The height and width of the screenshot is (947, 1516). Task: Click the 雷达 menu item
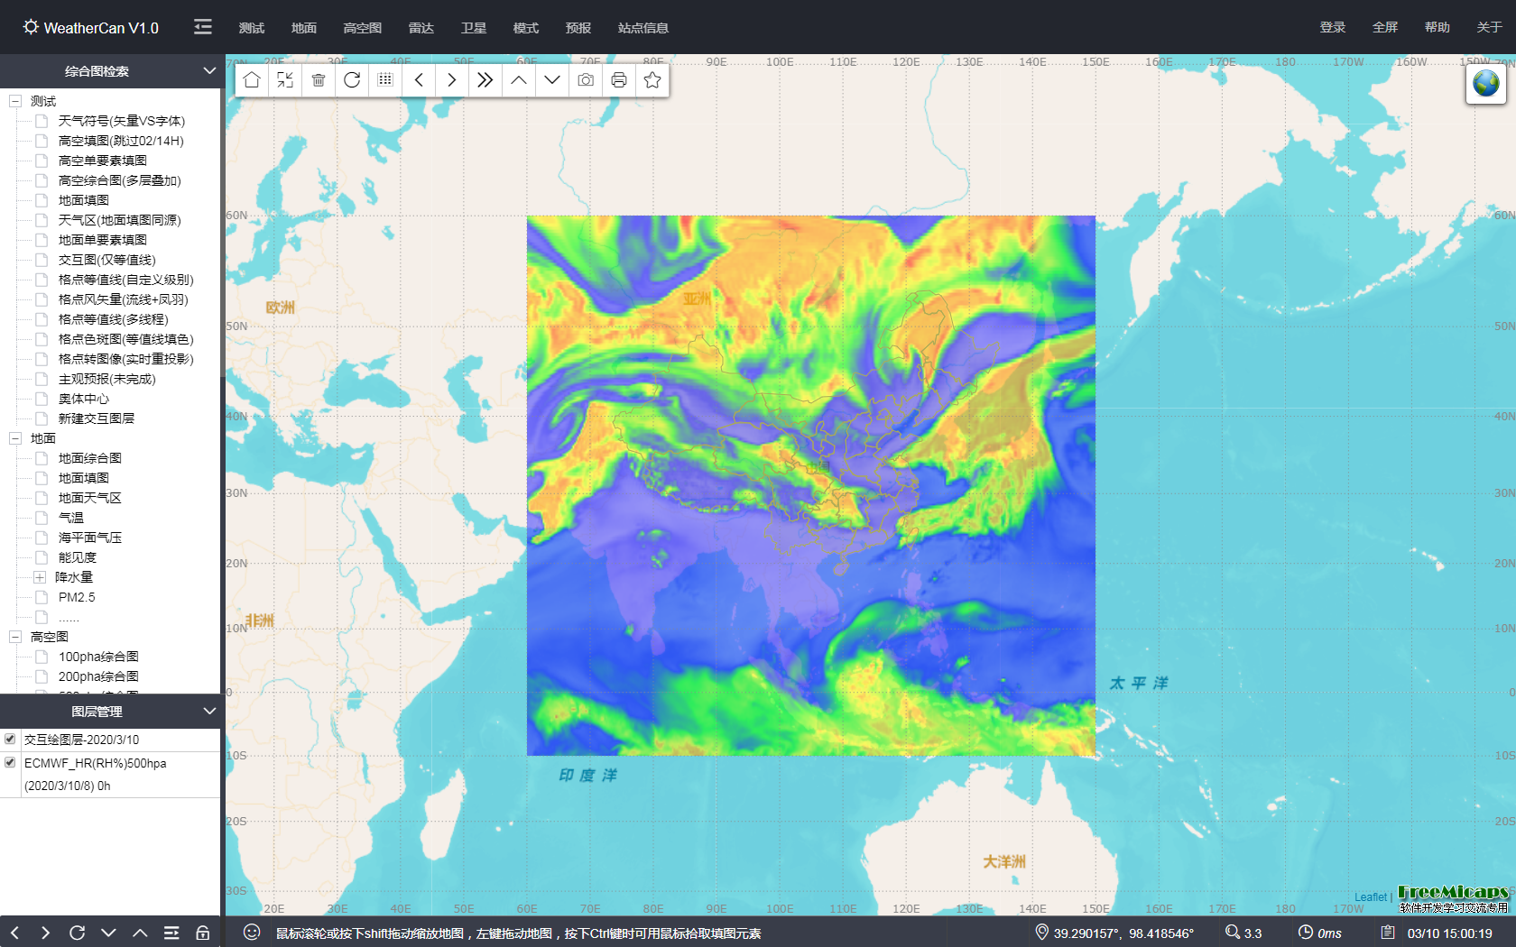(421, 28)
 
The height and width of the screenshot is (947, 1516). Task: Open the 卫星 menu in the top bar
(473, 28)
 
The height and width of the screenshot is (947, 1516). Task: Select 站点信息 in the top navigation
(642, 28)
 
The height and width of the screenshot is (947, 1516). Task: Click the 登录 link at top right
(1332, 27)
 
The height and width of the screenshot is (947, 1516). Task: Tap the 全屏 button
(1384, 27)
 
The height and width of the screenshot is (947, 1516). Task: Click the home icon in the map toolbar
(252, 80)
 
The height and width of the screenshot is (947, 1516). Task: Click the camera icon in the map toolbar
(586, 80)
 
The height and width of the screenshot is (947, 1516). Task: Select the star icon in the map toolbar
(652, 80)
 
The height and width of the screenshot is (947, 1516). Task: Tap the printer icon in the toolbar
(619, 80)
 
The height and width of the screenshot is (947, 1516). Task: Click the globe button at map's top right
(1485, 84)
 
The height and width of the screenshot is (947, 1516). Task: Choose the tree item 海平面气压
(89, 538)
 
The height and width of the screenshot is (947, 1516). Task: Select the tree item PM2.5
(77, 597)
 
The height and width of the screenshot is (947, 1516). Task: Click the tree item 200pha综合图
(98, 676)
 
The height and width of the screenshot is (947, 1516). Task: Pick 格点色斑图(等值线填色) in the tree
(125, 339)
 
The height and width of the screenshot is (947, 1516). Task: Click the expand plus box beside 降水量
(40, 577)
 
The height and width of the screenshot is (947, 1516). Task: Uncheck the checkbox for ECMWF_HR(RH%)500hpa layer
(10, 762)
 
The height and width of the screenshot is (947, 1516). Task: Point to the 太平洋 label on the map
(1138, 683)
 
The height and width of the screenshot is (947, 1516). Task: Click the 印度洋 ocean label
(587, 775)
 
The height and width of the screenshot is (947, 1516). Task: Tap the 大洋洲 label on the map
(1003, 861)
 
